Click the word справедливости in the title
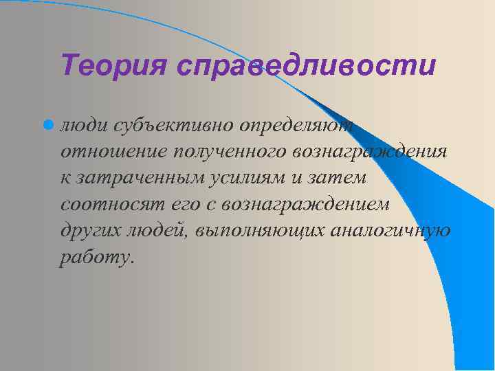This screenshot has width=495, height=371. tap(305, 67)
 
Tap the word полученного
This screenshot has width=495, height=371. tap(223, 152)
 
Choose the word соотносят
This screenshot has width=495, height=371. tap(109, 204)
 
